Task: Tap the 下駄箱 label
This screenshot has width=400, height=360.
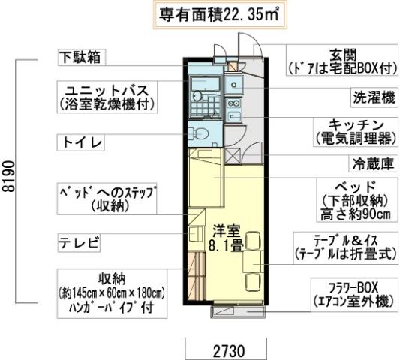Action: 83,56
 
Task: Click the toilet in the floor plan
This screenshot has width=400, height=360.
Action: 199,133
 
